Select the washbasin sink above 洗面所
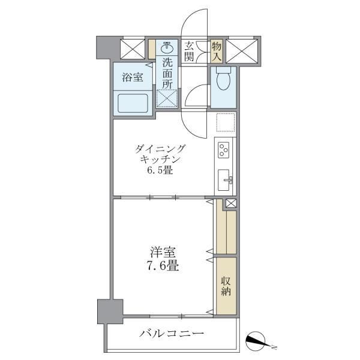click(167, 48)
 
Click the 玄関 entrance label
click(189, 50)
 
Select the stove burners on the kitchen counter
click(225, 149)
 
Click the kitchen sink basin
click(226, 179)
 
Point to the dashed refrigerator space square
click(226, 124)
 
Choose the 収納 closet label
click(226, 286)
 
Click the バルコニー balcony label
click(172, 333)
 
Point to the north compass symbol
click(262, 341)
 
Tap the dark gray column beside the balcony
click(110, 310)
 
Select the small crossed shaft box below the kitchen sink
click(231, 203)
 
